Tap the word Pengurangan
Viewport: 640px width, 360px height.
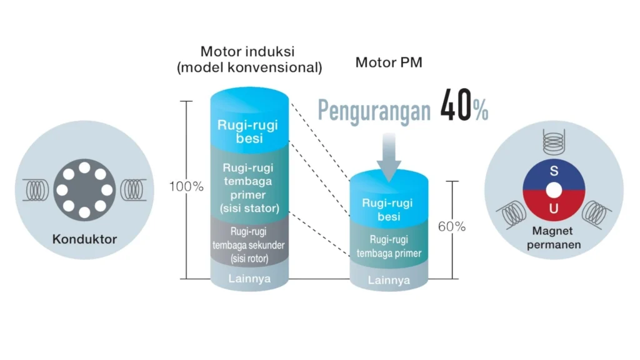(374, 109)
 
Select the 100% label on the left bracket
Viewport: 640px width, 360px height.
(186, 186)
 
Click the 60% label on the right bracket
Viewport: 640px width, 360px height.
(451, 226)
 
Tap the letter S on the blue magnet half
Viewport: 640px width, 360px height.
(553, 171)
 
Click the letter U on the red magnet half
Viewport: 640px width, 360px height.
(553, 209)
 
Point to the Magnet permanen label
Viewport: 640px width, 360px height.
(554, 238)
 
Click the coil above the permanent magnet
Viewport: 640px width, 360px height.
(553, 138)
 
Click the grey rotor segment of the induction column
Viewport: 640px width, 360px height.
(249, 241)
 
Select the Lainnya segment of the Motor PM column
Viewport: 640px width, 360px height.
(388, 280)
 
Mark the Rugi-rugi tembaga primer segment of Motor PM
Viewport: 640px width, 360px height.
(388, 246)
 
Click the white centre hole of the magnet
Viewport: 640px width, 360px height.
(553, 189)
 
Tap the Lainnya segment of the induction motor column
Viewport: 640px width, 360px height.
(249, 279)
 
